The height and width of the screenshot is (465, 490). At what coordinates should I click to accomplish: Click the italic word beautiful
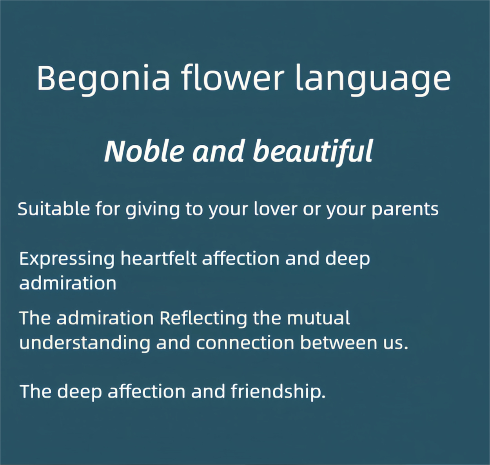[x=313, y=153]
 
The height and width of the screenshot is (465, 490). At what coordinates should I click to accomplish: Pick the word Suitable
[x=54, y=209]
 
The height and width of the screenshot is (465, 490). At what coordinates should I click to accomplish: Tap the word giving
[x=152, y=210]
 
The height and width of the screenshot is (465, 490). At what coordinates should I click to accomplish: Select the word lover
[x=276, y=209]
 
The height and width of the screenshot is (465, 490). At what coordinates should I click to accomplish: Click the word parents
[x=405, y=210]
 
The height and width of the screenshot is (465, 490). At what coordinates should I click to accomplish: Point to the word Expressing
[x=67, y=260]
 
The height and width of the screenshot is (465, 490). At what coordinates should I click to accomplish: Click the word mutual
[x=319, y=318]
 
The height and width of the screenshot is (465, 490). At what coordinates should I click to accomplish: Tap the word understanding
[x=85, y=344]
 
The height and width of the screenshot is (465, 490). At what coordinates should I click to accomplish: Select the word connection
[x=245, y=343]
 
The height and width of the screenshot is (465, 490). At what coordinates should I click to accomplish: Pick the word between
[x=339, y=342]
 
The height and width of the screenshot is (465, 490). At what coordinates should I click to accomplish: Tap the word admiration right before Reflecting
[x=105, y=318]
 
